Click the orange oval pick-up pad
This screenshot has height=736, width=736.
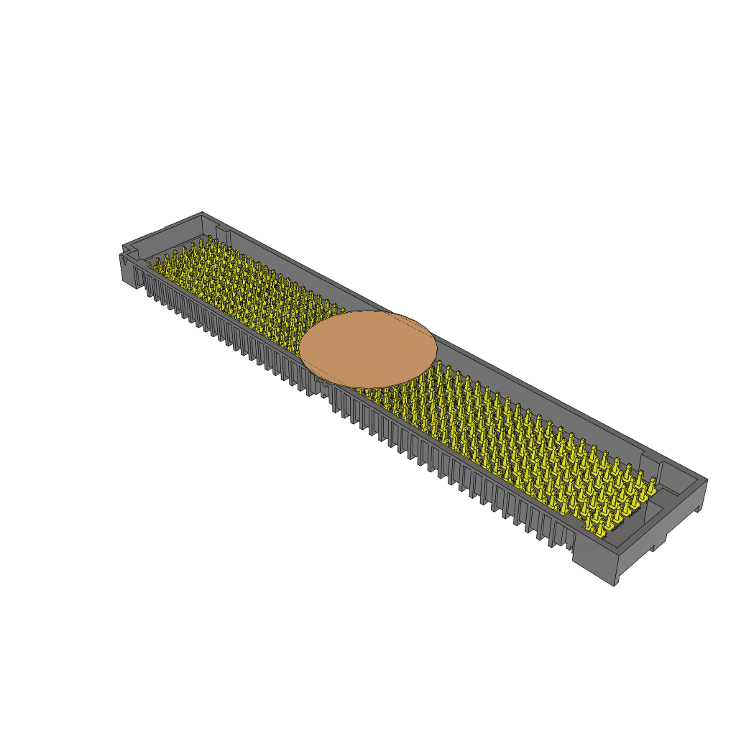point(367,349)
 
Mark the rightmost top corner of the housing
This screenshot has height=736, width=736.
point(707,479)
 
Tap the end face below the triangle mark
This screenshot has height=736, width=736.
point(129,270)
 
